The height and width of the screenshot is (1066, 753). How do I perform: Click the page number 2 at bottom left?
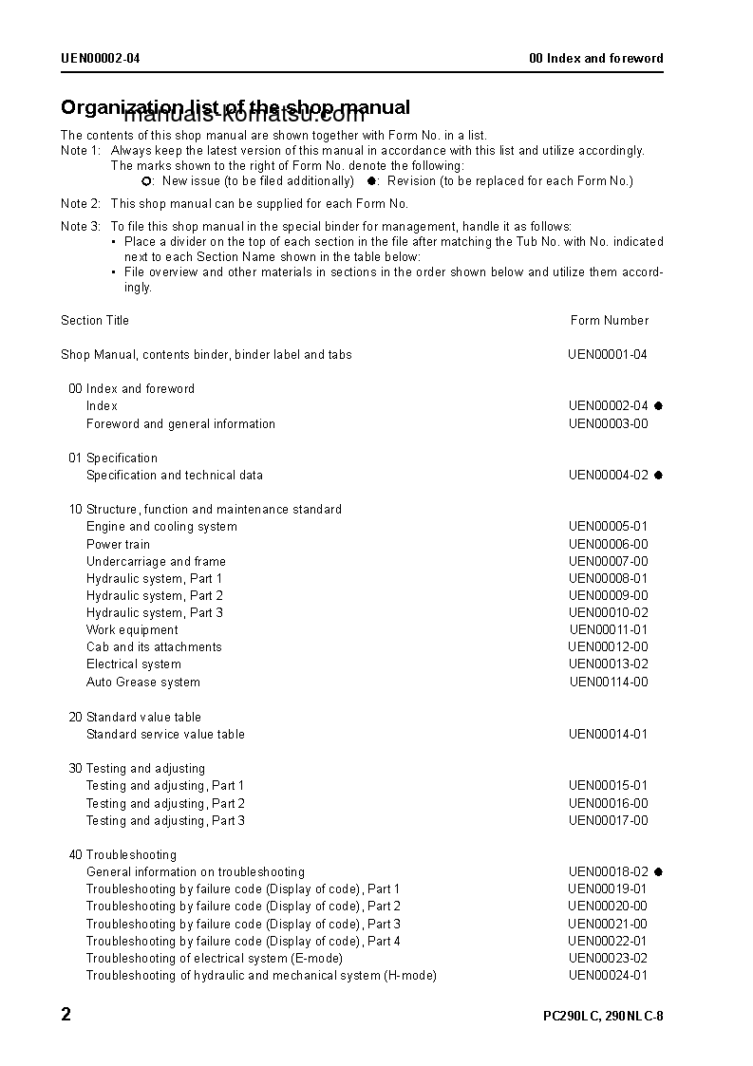point(66,1015)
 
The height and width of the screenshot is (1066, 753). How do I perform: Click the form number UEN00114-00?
point(609,682)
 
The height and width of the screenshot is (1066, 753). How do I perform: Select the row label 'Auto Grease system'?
point(143,682)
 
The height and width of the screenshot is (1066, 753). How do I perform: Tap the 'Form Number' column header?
point(610,320)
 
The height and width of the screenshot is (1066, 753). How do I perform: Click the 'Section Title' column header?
point(95,320)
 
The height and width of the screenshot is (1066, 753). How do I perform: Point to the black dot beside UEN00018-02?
point(658,871)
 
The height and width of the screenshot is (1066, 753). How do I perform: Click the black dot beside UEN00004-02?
point(658,475)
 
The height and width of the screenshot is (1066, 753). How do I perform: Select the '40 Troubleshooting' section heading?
point(122,854)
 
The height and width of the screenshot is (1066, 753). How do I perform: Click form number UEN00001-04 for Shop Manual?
point(608,354)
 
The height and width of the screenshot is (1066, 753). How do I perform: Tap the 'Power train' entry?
point(118,544)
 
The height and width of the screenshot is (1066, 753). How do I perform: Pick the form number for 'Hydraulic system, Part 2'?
point(609,595)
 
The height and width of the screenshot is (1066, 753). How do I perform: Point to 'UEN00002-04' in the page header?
point(101,58)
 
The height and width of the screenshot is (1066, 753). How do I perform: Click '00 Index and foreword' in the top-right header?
point(596,58)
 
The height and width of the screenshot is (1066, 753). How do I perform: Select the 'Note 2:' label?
point(81,203)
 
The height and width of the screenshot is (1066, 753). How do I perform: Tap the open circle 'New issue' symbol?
point(146,180)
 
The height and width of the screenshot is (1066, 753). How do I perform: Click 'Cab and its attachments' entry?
point(154,646)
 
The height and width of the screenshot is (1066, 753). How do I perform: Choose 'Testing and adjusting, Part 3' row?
point(165,820)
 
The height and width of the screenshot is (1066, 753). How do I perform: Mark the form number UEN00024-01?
point(608,975)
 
